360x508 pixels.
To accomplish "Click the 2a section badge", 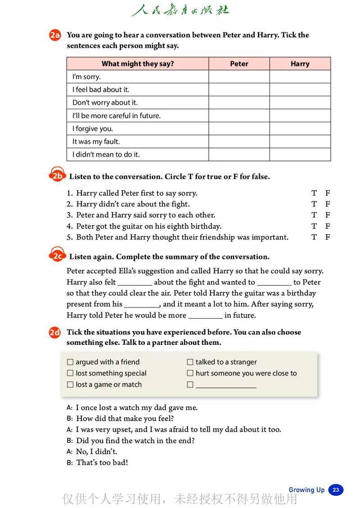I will pyautogui.click(x=55, y=36).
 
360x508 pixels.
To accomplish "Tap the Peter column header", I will pyautogui.click(x=239, y=64).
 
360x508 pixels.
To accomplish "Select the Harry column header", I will pyautogui.click(x=300, y=64).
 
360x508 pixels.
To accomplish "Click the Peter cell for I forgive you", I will pyautogui.click(x=239, y=129).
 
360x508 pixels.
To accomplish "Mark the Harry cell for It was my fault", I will pyautogui.click(x=300, y=142).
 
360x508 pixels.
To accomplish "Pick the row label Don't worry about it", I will pyautogui.click(x=105, y=102).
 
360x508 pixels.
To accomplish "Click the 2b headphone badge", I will pyautogui.click(x=57, y=175).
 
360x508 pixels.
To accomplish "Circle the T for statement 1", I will pyautogui.click(x=314, y=193).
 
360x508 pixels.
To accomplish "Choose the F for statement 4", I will pyautogui.click(x=328, y=226).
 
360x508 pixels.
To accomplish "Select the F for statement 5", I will pyautogui.click(x=328, y=237).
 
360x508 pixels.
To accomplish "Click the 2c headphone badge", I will pyautogui.click(x=57, y=256).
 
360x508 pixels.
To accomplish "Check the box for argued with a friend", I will pyautogui.click(x=70, y=362).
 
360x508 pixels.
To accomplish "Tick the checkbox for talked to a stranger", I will pyautogui.click(x=190, y=362).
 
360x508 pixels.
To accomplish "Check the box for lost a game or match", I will pyautogui.click(x=70, y=385).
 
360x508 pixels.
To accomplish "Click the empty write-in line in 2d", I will pyautogui.click(x=226, y=386).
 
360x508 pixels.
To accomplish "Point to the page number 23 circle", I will pyautogui.click(x=336, y=490).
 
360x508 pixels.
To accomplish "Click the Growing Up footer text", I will pyautogui.click(x=306, y=490).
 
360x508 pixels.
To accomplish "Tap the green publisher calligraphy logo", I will pyautogui.click(x=180, y=10).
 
